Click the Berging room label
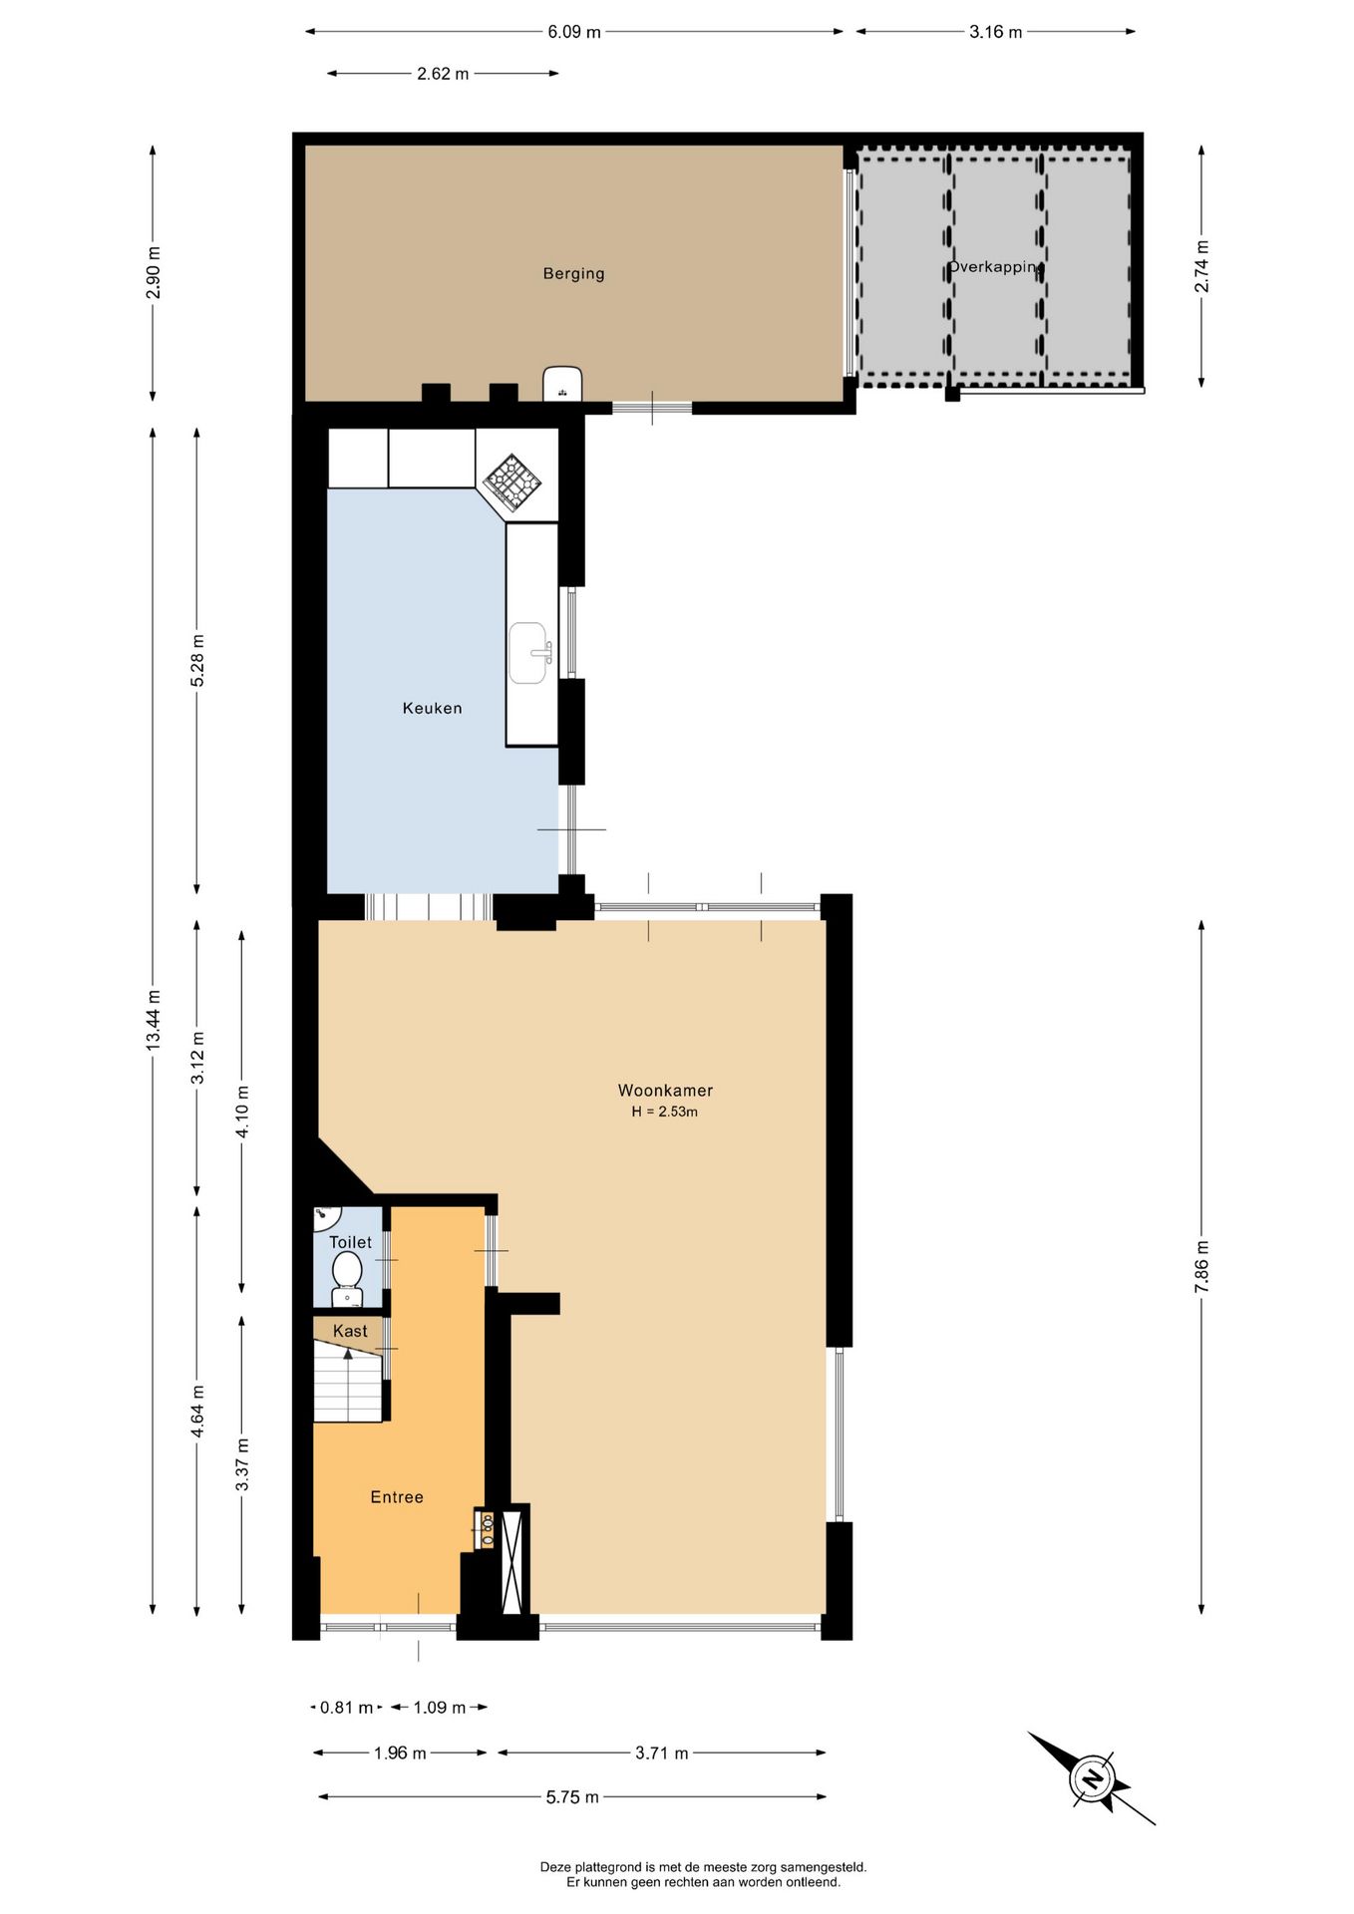click(573, 273)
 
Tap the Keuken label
click(432, 708)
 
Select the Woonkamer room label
click(665, 1091)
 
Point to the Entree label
click(397, 1497)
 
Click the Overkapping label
click(994, 267)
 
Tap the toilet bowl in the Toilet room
click(347, 1277)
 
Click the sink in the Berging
click(562, 384)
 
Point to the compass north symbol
click(1092, 1779)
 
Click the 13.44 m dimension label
click(153, 1020)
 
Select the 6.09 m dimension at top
click(574, 32)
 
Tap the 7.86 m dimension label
click(1201, 1267)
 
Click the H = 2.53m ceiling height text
click(665, 1112)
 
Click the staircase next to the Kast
click(348, 1383)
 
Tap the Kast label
click(350, 1331)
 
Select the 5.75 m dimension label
click(572, 1797)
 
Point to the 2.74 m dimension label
click(1201, 266)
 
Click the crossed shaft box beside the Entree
click(513, 1562)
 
